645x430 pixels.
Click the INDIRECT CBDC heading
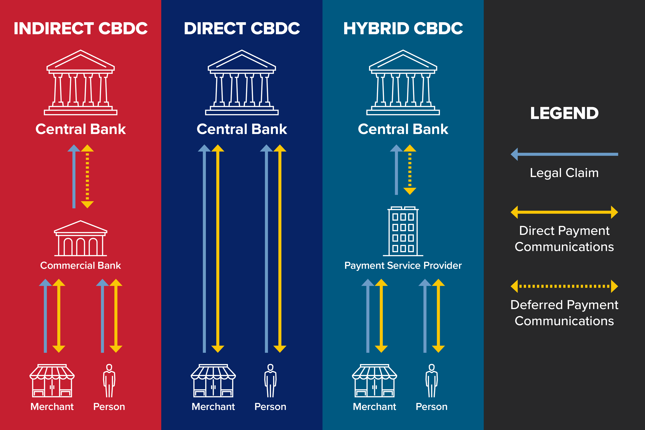point(81,28)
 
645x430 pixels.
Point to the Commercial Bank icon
point(81,239)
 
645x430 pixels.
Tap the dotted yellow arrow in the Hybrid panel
point(410,170)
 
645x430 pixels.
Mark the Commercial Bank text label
point(81,266)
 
